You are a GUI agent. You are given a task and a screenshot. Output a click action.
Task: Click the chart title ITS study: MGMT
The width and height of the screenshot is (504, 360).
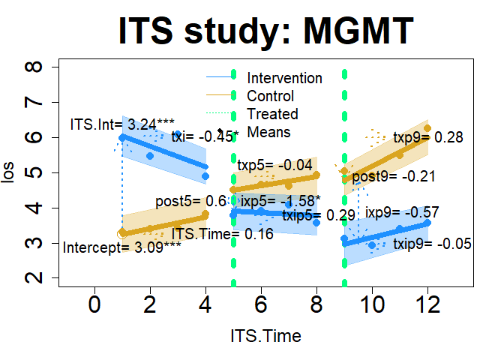pyautogui.click(x=266, y=31)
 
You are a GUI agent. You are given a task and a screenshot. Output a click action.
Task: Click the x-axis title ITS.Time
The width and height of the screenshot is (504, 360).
pyautogui.click(x=266, y=336)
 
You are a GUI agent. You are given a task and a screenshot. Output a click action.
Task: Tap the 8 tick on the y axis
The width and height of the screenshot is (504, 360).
pyautogui.click(x=34, y=67)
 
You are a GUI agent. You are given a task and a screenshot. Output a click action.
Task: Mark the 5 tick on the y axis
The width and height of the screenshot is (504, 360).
pyautogui.click(x=34, y=172)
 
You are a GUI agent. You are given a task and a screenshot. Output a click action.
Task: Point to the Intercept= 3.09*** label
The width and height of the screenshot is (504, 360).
pyautogui.click(x=121, y=247)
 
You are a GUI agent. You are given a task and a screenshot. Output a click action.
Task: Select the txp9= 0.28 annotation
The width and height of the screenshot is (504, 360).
pyautogui.click(x=428, y=137)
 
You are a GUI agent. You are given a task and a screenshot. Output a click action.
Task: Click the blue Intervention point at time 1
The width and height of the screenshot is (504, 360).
pyautogui.click(x=122, y=137)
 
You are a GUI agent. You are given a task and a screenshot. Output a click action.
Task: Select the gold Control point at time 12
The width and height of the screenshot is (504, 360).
pyautogui.click(x=427, y=128)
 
